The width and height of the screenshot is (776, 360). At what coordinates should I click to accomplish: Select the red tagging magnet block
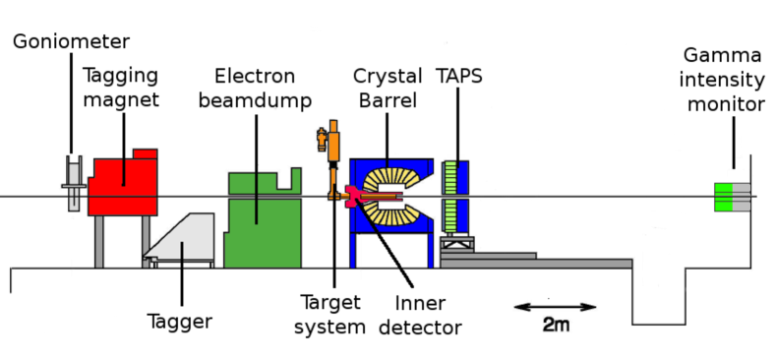(122, 187)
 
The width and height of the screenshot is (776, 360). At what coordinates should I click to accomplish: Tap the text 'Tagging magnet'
(119, 88)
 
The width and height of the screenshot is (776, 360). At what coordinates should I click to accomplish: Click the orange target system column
(334, 148)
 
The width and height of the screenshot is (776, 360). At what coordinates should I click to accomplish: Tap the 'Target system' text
(330, 314)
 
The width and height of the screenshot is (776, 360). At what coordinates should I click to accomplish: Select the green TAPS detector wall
(452, 197)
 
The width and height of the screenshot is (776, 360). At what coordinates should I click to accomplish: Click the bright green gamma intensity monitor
(724, 197)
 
